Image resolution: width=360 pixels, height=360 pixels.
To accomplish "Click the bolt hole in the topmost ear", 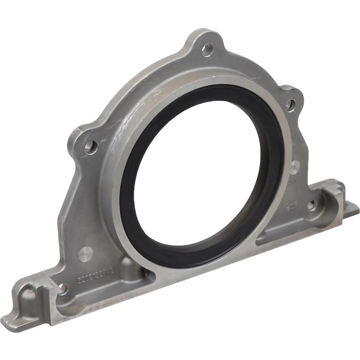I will (207, 49).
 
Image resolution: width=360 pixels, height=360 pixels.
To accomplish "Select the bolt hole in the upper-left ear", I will (90, 146).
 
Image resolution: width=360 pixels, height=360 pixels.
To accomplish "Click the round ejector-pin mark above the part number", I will (85, 254).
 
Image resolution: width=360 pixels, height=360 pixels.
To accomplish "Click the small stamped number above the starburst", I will (292, 182).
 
